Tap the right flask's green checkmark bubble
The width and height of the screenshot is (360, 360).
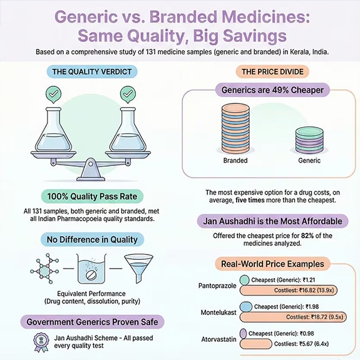pyautogui.click(x=128, y=95)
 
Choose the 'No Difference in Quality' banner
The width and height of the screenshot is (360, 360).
pyautogui.click(x=92, y=239)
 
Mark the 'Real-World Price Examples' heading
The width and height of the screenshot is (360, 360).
pyautogui.click(x=270, y=264)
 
